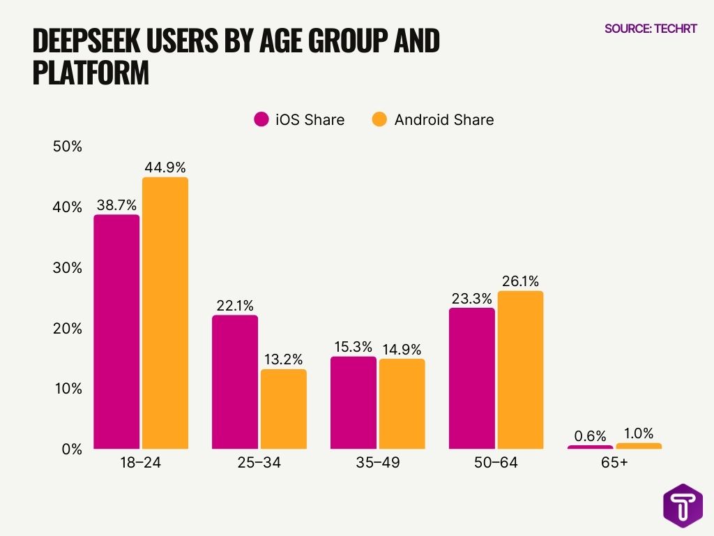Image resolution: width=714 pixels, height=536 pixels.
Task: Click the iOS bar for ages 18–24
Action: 116,332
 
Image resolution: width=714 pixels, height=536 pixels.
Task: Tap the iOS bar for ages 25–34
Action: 235,382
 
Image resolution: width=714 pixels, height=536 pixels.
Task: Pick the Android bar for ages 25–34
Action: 284,409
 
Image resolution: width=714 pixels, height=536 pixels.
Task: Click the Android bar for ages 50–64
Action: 520,370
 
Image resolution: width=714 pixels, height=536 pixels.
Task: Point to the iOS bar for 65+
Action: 590,447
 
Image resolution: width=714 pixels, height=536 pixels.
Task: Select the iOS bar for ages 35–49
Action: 354,403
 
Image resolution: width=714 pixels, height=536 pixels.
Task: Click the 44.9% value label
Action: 165,167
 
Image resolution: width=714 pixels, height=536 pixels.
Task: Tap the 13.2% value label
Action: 284,359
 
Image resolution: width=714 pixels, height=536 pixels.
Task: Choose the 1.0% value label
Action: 639,433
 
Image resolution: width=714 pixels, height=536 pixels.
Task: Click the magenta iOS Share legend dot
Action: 261,119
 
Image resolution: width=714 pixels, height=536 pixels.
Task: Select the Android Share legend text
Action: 443,119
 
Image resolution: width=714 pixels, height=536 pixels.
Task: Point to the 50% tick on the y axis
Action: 67,147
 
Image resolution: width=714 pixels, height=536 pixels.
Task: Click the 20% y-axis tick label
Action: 67,328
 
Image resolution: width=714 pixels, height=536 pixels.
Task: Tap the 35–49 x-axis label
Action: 377,463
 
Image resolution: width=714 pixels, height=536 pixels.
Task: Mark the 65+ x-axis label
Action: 614,463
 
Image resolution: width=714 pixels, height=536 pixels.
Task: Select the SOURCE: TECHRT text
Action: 650,29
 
